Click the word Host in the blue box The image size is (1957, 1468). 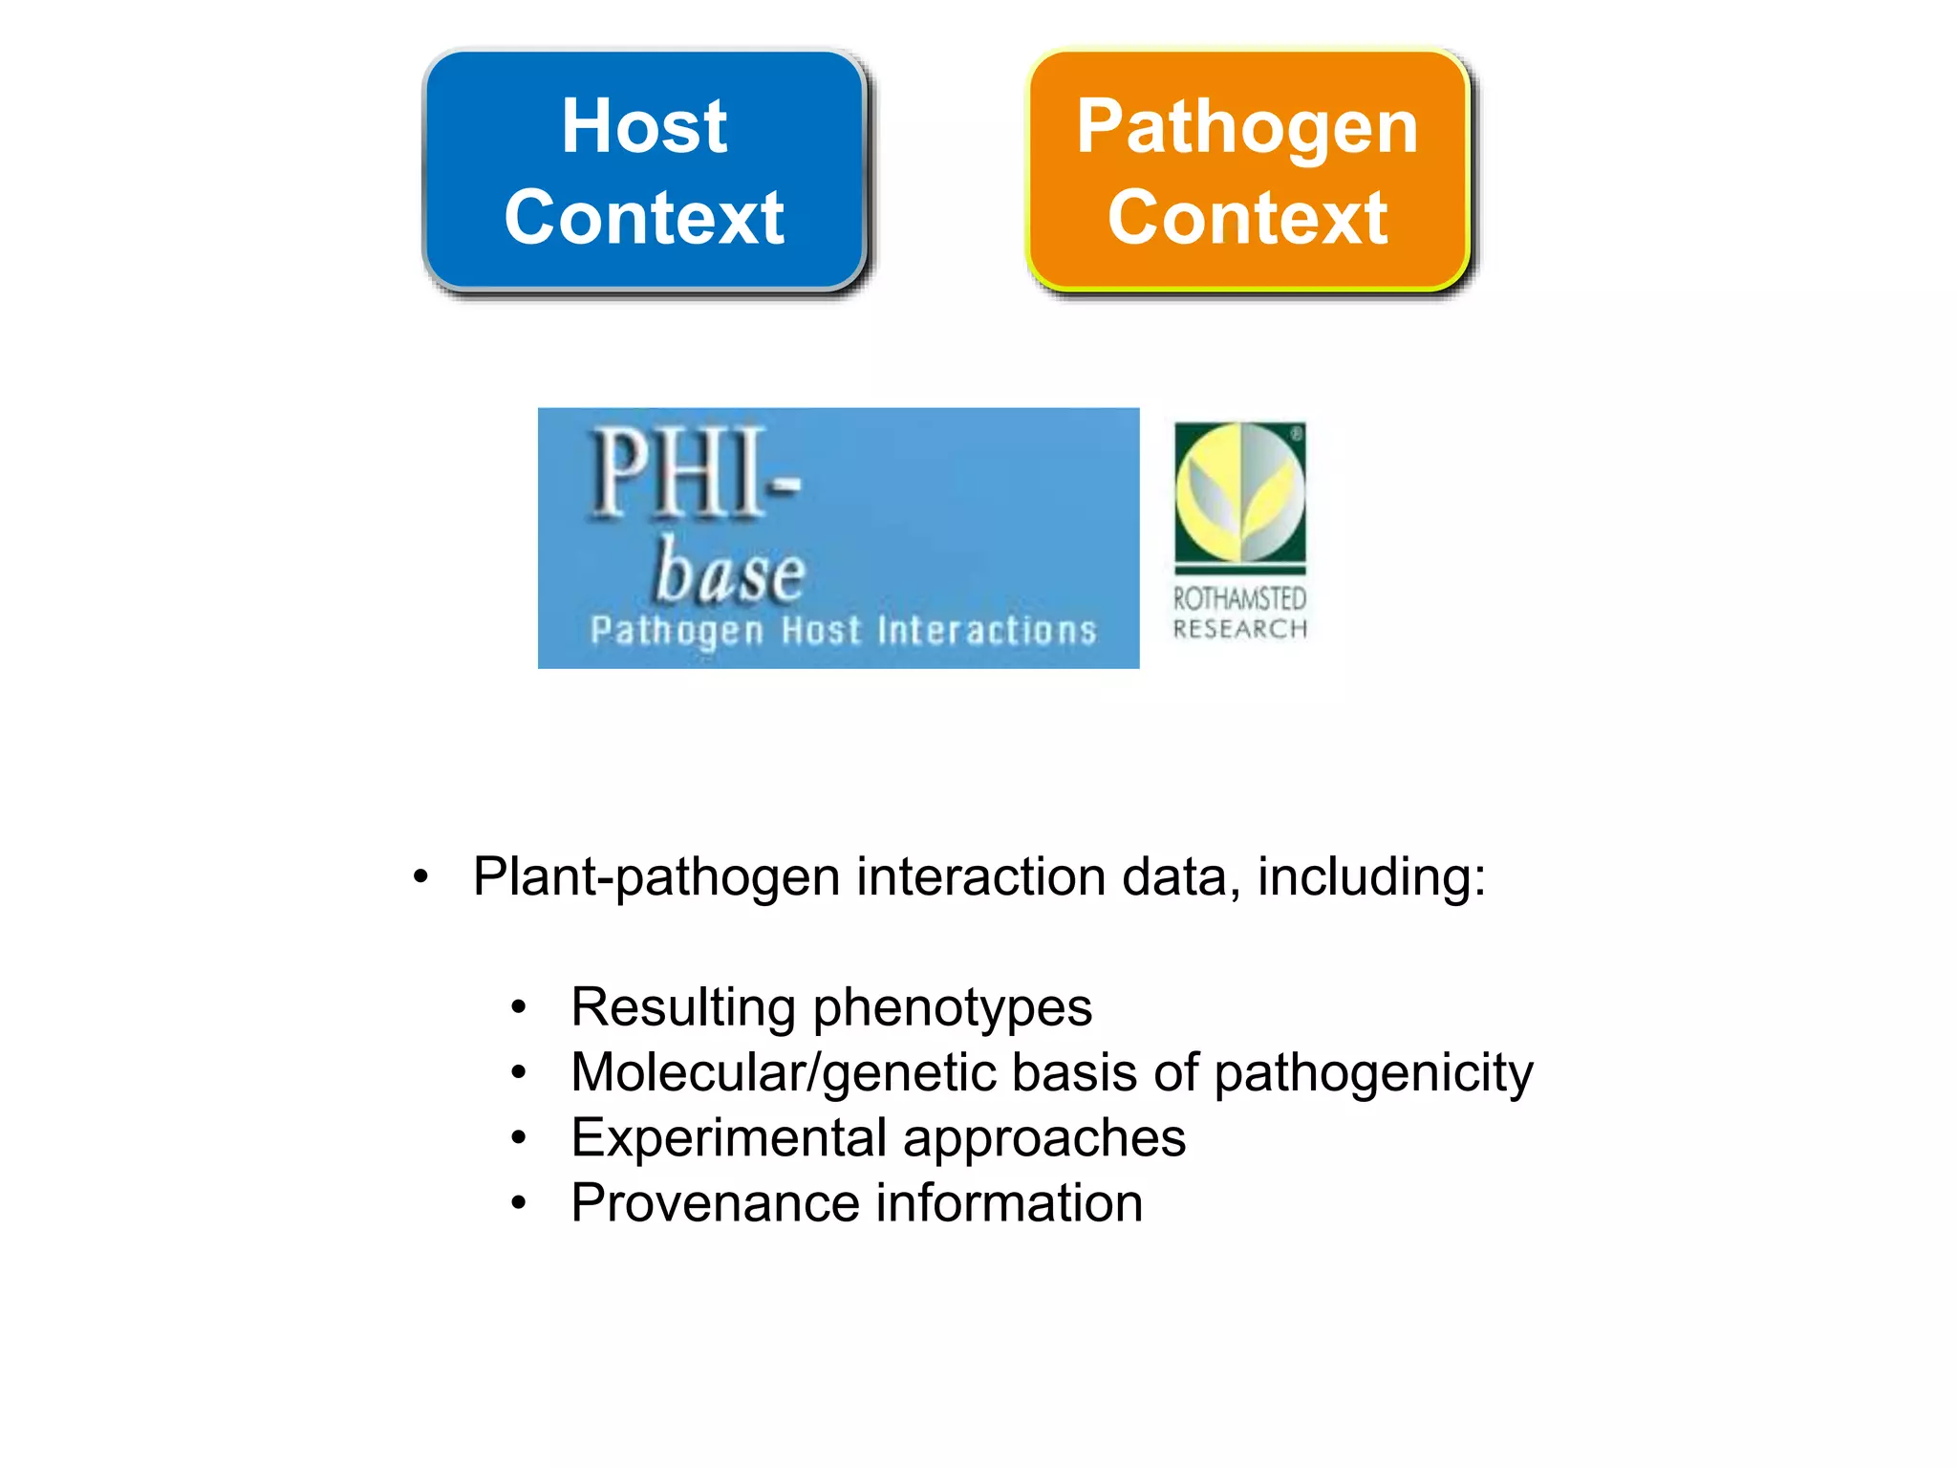pos(644,126)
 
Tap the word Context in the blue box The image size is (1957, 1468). pos(644,218)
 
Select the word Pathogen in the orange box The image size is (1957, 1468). pos(1247,128)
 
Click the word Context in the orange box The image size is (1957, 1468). pos(1247,218)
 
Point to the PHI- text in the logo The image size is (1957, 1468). pos(693,473)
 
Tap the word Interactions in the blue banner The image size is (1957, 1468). pos(986,631)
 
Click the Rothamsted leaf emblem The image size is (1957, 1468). pos(1239,492)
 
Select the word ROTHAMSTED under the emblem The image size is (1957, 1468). pos(1239,599)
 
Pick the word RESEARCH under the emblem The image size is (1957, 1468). pos(1239,629)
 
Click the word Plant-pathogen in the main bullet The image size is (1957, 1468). pos(656,877)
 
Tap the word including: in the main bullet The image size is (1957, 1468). pos(1371,877)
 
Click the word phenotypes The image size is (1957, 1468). pos(952,1008)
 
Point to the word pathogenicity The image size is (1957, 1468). pos(1373,1073)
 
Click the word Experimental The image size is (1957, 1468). pos(729,1138)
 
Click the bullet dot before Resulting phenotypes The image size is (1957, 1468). pos(518,1007)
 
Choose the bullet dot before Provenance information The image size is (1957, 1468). pos(518,1203)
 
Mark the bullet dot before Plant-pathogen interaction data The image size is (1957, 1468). pos(420,877)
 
